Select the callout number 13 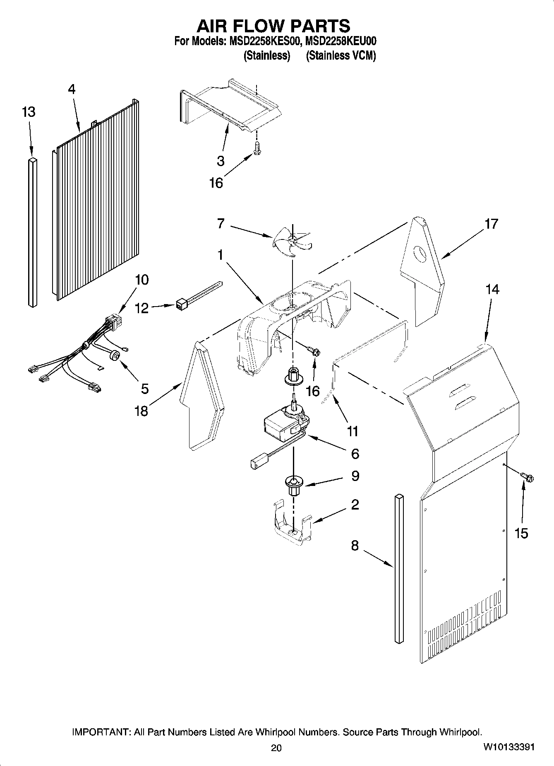point(29,112)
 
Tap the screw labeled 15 point(528,477)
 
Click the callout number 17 point(491,224)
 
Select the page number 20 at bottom point(276,748)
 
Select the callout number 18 point(141,411)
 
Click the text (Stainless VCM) point(341,56)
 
